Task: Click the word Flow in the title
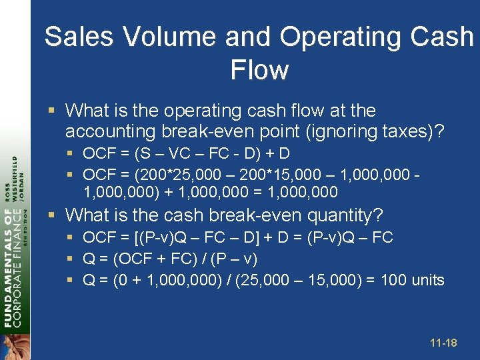click(259, 70)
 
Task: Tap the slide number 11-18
click(443, 343)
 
